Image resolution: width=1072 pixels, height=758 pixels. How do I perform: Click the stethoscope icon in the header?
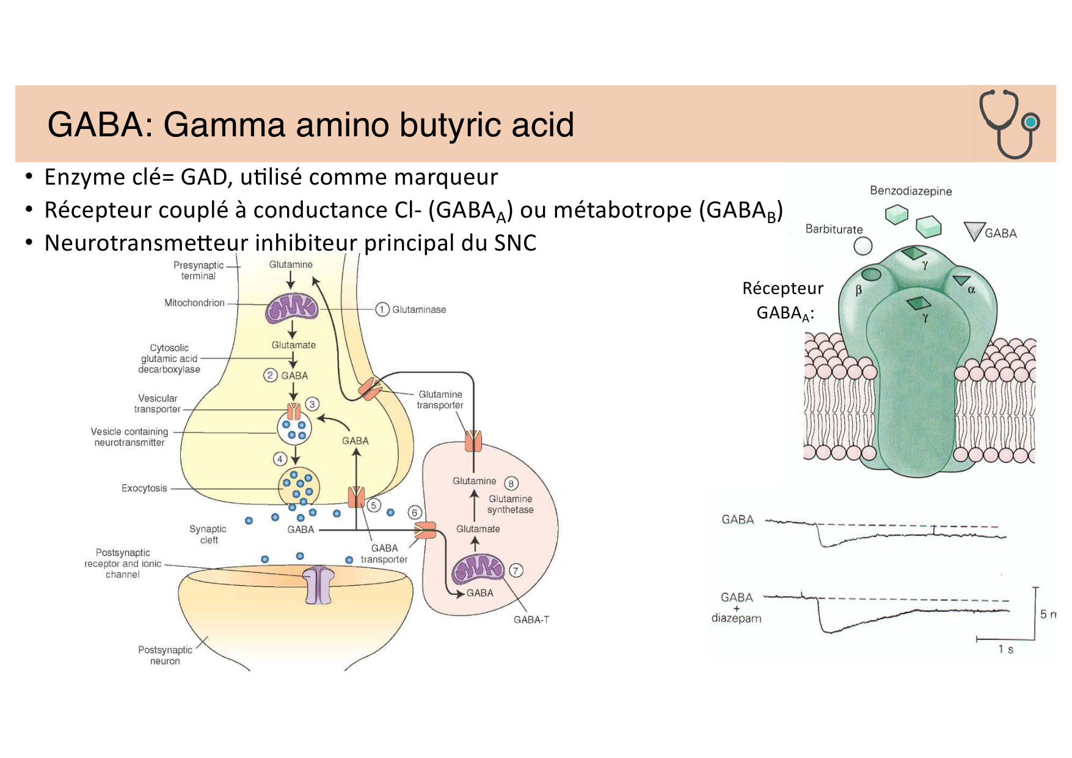click(1009, 124)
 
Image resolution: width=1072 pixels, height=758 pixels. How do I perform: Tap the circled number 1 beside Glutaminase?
click(382, 309)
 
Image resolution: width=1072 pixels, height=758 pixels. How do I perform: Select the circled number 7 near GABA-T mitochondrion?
click(516, 570)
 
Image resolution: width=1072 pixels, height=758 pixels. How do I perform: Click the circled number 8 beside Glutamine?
click(511, 484)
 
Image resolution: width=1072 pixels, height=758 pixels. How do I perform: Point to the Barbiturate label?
click(834, 229)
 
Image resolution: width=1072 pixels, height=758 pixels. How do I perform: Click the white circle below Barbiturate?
click(862, 246)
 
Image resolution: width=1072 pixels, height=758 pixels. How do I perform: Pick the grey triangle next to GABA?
click(974, 231)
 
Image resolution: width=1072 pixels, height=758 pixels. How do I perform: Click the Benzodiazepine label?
click(911, 191)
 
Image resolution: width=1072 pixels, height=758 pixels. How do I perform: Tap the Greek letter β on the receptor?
click(858, 290)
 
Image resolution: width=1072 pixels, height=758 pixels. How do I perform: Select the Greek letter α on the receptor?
click(971, 290)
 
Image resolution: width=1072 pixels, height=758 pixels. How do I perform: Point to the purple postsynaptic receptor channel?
click(319, 585)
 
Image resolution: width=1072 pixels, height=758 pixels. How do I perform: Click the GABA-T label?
click(531, 620)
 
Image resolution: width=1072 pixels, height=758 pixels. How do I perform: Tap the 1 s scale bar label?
click(1005, 649)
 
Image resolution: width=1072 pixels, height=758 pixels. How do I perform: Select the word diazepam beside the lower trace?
click(736, 618)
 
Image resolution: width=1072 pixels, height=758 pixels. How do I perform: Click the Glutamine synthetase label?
click(511, 504)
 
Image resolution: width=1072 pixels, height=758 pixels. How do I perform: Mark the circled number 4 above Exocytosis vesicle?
click(280, 458)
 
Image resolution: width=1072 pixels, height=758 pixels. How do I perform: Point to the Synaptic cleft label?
click(208, 534)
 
